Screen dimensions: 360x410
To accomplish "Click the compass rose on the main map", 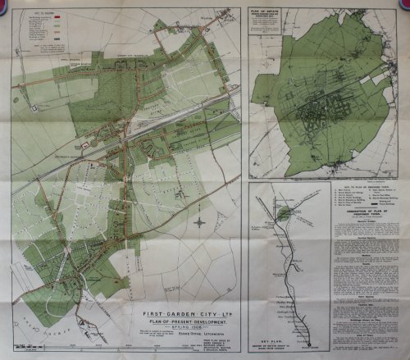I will pyautogui.click(x=199, y=221).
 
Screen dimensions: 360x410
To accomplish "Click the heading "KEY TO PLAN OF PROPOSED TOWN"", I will pyautogui.click(x=360, y=189).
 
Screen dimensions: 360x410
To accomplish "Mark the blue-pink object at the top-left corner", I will pyautogui.click(x=5, y=5).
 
